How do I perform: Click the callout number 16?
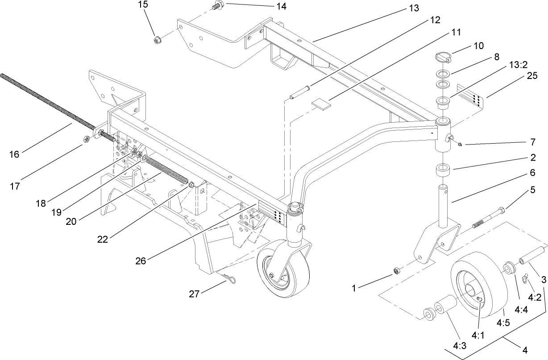[14, 154]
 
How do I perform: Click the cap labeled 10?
[444, 57]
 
